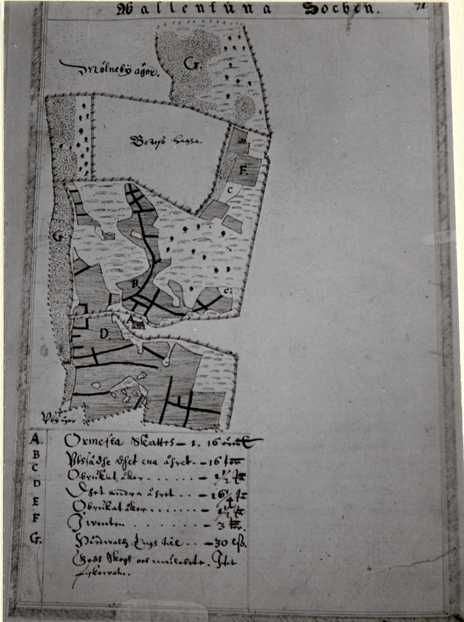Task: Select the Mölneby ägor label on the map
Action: (110, 69)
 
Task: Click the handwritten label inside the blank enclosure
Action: (166, 141)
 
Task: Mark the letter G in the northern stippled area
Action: (189, 63)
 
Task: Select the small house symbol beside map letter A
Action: (138, 323)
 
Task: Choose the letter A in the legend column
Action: (35, 440)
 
